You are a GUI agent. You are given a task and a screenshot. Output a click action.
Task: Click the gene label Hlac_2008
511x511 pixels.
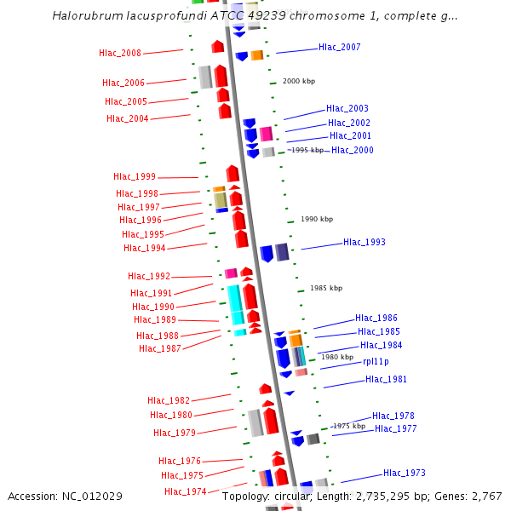click(120, 54)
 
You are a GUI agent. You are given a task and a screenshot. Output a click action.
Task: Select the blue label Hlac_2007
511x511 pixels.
click(339, 47)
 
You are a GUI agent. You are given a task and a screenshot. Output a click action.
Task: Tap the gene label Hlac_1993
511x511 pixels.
click(364, 242)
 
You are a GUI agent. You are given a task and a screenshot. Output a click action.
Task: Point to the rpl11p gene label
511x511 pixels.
click(376, 361)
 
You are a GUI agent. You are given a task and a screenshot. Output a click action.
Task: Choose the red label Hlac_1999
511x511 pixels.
click(135, 177)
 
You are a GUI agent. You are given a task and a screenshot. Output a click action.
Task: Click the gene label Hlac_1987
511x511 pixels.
click(159, 348)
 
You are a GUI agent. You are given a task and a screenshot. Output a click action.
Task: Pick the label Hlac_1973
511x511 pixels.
click(404, 473)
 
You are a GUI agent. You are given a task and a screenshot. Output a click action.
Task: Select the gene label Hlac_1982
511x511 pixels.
click(169, 400)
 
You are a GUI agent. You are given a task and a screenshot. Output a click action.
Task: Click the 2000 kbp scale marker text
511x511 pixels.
click(298, 81)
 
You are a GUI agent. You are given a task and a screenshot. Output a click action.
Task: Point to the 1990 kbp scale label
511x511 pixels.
click(316, 219)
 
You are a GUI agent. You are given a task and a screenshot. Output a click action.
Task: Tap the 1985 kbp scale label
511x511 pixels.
click(326, 288)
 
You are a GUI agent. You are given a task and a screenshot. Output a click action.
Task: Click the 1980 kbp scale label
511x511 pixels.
click(336, 357)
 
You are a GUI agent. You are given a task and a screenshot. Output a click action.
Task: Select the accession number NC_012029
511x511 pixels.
click(94, 496)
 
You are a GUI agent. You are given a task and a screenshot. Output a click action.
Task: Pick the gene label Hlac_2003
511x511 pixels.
click(347, 108)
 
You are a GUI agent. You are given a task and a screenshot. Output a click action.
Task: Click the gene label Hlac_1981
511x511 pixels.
click(386, 379)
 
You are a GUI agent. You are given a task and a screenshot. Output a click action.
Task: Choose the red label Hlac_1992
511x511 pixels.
click(149, 276)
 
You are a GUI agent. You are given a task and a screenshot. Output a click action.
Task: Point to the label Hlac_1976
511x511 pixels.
click(180, 461)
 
